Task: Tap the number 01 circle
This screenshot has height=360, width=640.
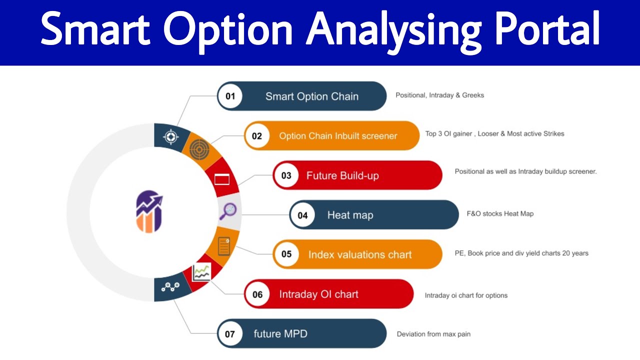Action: tap(230, 96)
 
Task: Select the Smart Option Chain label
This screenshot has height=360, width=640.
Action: tap(311, 96)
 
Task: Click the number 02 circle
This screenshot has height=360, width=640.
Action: tap(257, 135)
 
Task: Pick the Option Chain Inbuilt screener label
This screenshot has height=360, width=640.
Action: tap(338, 136)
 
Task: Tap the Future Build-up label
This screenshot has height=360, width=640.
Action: tap(342, 175)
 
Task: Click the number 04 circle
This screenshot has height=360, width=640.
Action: tap(302, 215)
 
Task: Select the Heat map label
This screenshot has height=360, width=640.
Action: tap(350, 215)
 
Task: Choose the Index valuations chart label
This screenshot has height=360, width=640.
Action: tap(360, 254)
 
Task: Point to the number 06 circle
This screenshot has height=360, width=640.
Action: tap(257, 294)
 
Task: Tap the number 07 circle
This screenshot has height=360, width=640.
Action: tap(230, 333)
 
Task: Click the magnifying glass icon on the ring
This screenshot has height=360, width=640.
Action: tap(228, 210)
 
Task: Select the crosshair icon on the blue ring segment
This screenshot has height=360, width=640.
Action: tap(171, 136)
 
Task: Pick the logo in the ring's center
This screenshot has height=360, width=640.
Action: tap(149, 211)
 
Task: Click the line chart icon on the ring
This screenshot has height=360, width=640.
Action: tap(201, 272)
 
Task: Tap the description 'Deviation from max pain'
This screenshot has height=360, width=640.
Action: tap(433, 333)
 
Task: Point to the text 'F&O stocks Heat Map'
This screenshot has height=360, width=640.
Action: tap(500, 213)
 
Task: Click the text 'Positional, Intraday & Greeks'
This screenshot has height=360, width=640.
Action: tap(439, 95)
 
